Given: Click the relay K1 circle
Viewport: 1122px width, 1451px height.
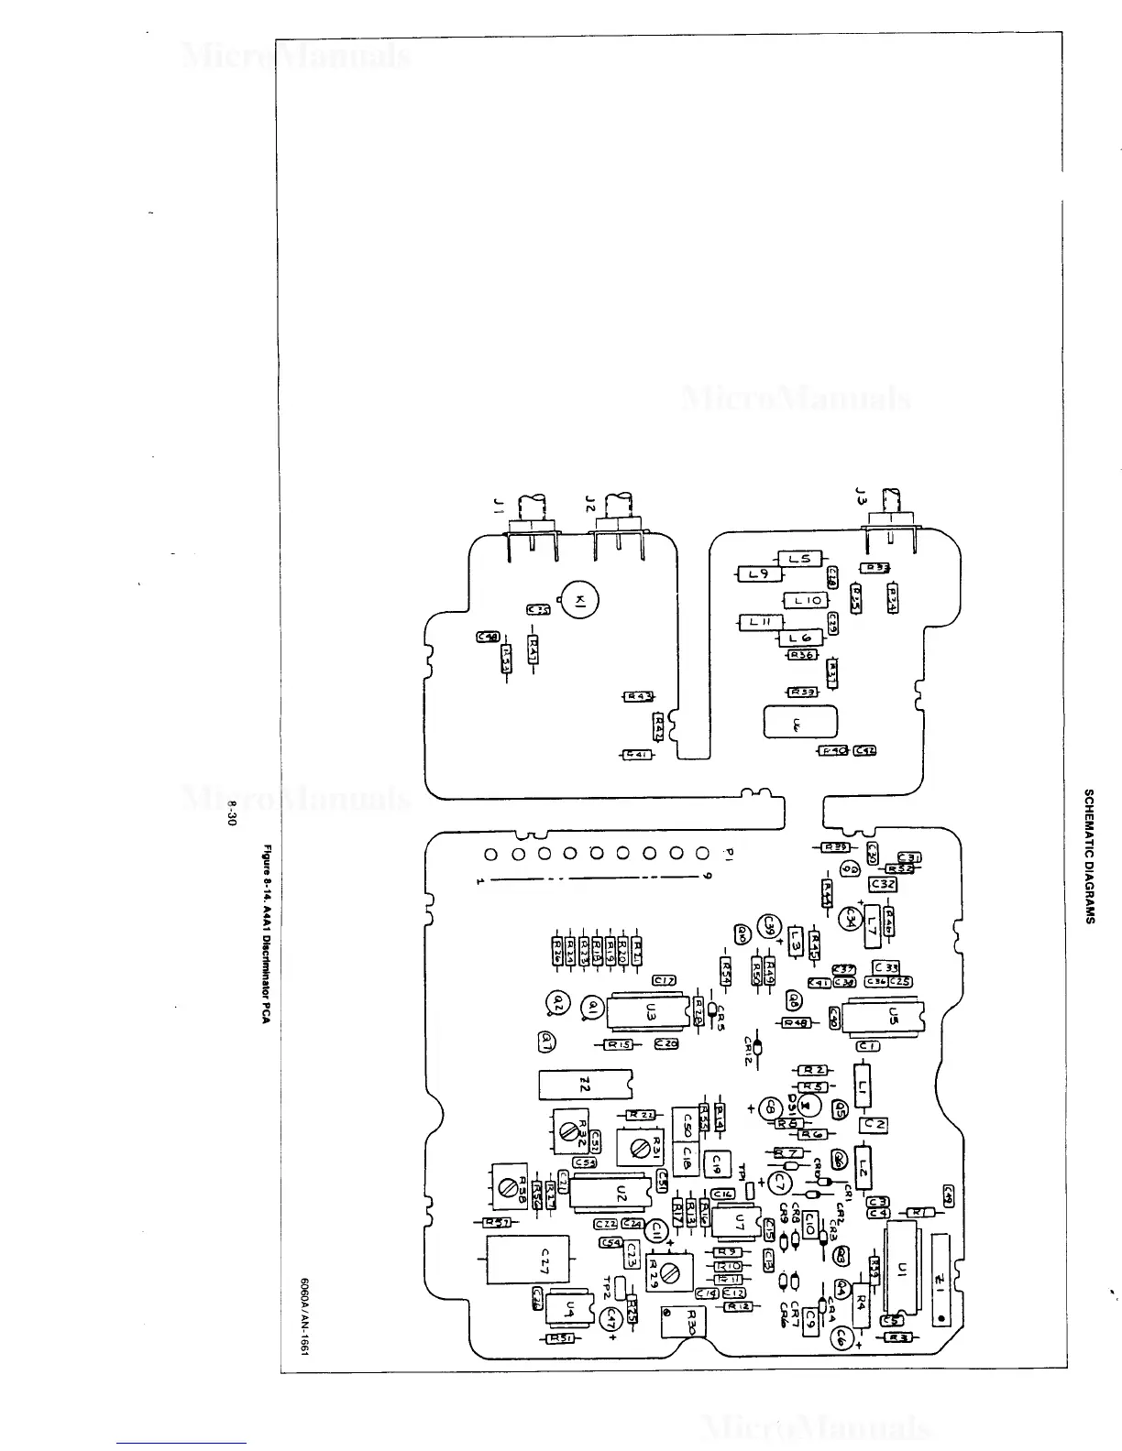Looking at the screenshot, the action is (579, 601).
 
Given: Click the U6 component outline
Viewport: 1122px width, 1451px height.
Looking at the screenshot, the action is (800, 723).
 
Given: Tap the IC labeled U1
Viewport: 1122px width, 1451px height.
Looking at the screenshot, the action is (902, 1270).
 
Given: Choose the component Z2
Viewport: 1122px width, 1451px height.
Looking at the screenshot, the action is (585, 1085).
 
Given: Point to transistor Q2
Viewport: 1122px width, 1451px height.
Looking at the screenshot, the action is (555, 1004).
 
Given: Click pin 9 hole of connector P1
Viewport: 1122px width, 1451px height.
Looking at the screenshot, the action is (703, 855).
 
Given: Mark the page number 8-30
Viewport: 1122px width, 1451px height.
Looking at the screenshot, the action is (233, 813).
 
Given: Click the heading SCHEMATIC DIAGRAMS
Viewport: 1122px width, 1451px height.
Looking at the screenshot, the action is (1089, 856).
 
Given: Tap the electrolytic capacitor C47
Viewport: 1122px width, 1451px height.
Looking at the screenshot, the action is (611, 1317).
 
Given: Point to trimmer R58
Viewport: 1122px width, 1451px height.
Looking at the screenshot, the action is (506, 1187).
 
